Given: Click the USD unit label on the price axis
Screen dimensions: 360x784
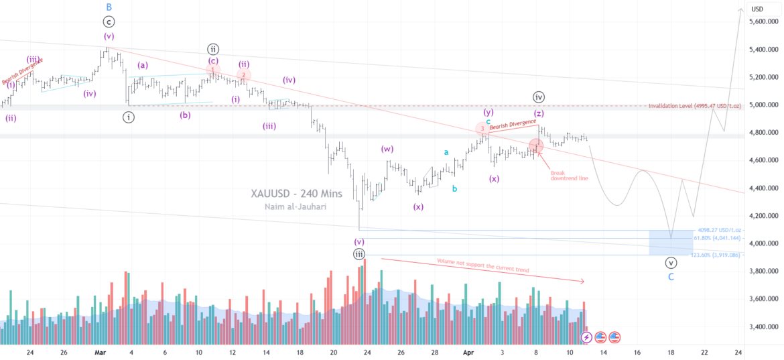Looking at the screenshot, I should [x=757, y=9].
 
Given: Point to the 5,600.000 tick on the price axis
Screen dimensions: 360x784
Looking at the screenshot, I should [x=764, y=21].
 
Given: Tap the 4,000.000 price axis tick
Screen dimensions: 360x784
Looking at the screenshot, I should [x=764, y=243].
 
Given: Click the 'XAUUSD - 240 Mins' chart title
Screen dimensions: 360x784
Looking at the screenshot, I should [x=296, y=194].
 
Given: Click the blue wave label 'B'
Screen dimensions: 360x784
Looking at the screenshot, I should [x=109, y=7].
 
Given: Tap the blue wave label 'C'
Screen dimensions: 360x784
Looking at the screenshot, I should [x=671, y=276].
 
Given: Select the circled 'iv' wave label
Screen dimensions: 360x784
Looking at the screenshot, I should [x=539, y=97].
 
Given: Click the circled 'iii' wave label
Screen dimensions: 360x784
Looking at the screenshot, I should [x=360, y=253].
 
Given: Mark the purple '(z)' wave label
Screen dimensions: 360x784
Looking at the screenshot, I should [x=539, y=113].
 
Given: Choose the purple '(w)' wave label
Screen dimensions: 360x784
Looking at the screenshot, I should [x=387, y=149].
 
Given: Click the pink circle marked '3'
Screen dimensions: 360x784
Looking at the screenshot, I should [x=482, y=128].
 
